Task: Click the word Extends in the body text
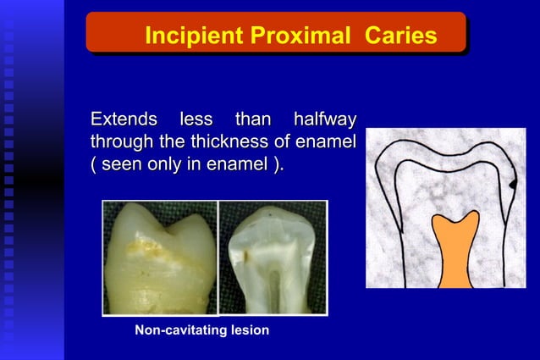click(123, 118)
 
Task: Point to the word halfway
click(322, 118)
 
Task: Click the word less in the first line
click(195, 118)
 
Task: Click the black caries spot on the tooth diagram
click(513, 181)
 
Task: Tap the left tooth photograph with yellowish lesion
click(159, 257)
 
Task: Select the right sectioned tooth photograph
click(273, 257)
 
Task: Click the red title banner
click(276, 34)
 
